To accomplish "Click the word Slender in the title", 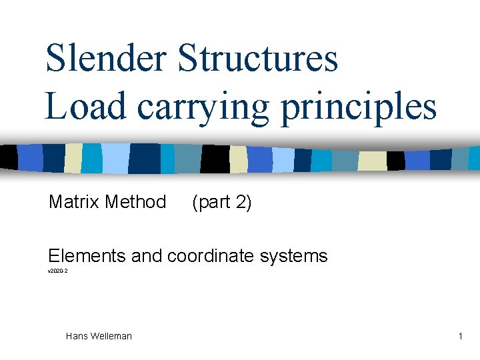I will tap(105, 58).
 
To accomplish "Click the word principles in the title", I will tap(359, 107).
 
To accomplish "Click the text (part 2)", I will tap(221, 202).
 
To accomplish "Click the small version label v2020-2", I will tap(57, 271).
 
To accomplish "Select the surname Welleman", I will tap(111, 336).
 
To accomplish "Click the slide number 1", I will tap(460, 336).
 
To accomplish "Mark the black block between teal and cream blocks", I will tap(215, 159).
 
